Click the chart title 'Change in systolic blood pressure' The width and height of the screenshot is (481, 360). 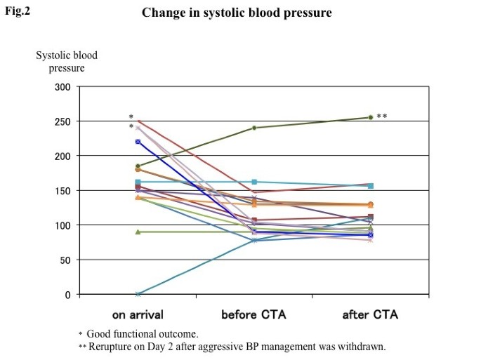[237, 13]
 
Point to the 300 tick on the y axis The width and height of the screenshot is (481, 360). [63, 87]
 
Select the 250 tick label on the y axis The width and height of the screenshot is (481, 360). [63, 121]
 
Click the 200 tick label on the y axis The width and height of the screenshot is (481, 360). [63, 156]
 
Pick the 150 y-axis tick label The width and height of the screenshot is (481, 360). [63, 191]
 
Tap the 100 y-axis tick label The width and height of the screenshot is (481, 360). [63, 225]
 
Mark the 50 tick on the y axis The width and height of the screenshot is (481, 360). [66, 260]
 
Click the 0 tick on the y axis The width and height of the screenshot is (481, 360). [68, 295]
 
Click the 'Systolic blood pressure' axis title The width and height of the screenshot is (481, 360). [67, 62]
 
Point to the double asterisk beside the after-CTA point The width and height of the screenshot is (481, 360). [382, 116]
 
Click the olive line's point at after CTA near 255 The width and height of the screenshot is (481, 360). [370, 118]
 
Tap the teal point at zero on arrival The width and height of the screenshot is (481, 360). [138, 294]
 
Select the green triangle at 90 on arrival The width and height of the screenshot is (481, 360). [138, 232]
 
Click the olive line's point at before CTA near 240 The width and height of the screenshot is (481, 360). [253, 128]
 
